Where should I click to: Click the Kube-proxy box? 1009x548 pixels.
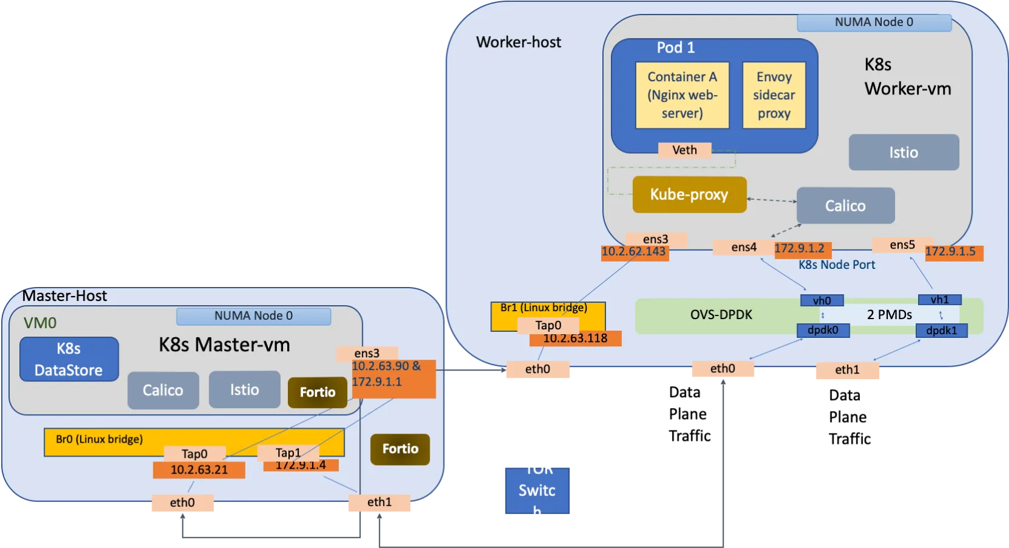(689, 194)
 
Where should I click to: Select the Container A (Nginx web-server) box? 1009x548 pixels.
(682, 95)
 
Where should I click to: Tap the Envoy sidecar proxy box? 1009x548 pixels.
(774, 95)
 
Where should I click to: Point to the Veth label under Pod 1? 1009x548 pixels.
(684, 150)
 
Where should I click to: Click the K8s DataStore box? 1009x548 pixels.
(68, 359)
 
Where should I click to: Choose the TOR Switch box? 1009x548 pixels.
(538, 490)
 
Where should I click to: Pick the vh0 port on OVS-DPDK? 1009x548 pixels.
(822, 301)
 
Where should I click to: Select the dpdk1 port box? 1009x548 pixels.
(941, 330)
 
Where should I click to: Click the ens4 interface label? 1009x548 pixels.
(744, 247)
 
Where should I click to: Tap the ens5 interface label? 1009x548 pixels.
(902, 245)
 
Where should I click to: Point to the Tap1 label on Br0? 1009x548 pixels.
(288, 453)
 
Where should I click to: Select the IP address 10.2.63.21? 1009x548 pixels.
(199, 470)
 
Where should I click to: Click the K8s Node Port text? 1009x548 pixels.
(836, 265)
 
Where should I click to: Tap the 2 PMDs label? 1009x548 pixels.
(889, 315)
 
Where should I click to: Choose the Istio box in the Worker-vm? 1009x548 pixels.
(903, 153)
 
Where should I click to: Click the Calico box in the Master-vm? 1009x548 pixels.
(163, 391)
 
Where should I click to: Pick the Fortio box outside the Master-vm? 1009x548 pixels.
(400, 449)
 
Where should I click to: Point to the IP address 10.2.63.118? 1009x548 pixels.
(575, 338)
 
